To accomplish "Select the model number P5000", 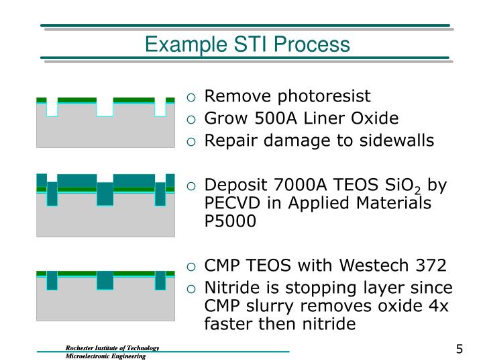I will point(230,222).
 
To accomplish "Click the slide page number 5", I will point(459,349).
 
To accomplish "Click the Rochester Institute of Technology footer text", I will point(111,348).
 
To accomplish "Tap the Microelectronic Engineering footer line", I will point(105,356).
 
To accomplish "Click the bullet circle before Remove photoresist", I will point(192,97).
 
